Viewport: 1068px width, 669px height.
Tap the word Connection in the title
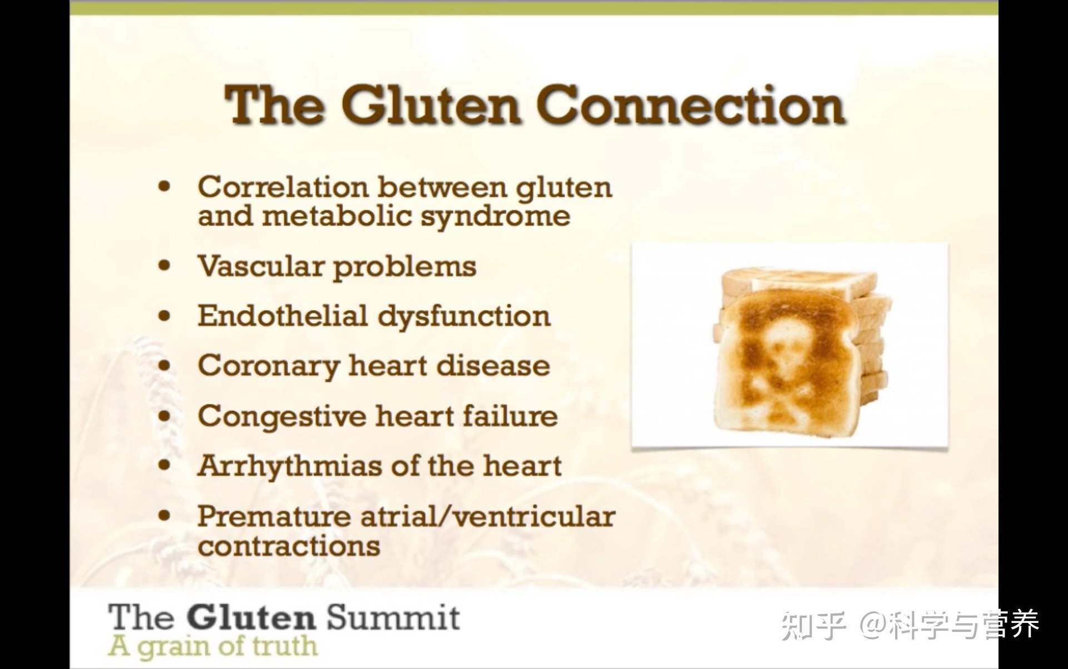pyautogui.click(x=691, y=105)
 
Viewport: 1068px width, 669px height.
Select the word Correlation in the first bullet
pyautogui.click(x=283, y=187)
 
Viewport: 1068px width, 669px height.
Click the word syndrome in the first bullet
pyautogui.click(x=495, y=217)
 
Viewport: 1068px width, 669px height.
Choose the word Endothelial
pyautogui.click(x=282, y=316)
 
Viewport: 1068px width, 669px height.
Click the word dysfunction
pyautogui.click(x=464, y=317)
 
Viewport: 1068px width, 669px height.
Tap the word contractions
pyautogui.click(x=289, y=546)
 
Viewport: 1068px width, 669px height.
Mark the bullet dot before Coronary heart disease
pyautogui.click(x=164, y=365)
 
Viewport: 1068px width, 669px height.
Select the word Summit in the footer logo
pyautogui.click(x=393, y=618)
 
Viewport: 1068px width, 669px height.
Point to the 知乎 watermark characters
pyautogui.click(x=813, y=625)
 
